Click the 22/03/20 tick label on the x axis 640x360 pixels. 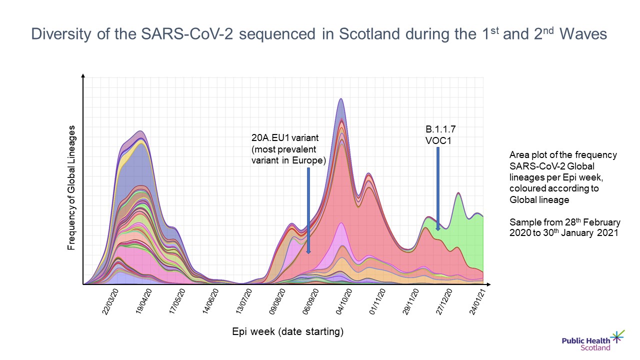111,300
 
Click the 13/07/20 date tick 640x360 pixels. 244,300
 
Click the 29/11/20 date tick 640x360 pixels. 411,300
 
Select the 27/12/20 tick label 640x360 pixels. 444,300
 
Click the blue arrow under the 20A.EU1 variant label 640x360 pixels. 308,210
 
